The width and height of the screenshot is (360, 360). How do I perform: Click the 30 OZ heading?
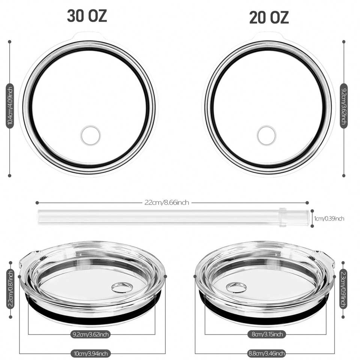pyautogui.click(x=87, y=16)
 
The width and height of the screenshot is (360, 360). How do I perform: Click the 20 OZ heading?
pyautogui.click(x=269, y=18)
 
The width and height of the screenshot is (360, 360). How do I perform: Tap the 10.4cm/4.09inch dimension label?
pyautogui.click(x=10, y=106)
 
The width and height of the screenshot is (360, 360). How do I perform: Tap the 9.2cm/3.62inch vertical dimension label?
pyautogui.click(x=344, y=106)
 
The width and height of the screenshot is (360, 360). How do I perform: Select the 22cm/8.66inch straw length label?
pyautogui.click(x=166, y=202)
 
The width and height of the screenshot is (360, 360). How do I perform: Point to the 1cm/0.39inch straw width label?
pyautogui.click(x=329, y=218)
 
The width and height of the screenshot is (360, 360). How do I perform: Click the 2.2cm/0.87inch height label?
pyautogui.click(x=10, y=289)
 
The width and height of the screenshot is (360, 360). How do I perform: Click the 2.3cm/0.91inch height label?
pyautogui.click(x=343, y=289)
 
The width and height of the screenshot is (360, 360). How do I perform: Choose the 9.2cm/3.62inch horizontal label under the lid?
pyautogui.click(x=90, y=334)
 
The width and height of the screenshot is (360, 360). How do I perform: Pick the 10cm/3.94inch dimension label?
pyautogui.click(x=90, y=353)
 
